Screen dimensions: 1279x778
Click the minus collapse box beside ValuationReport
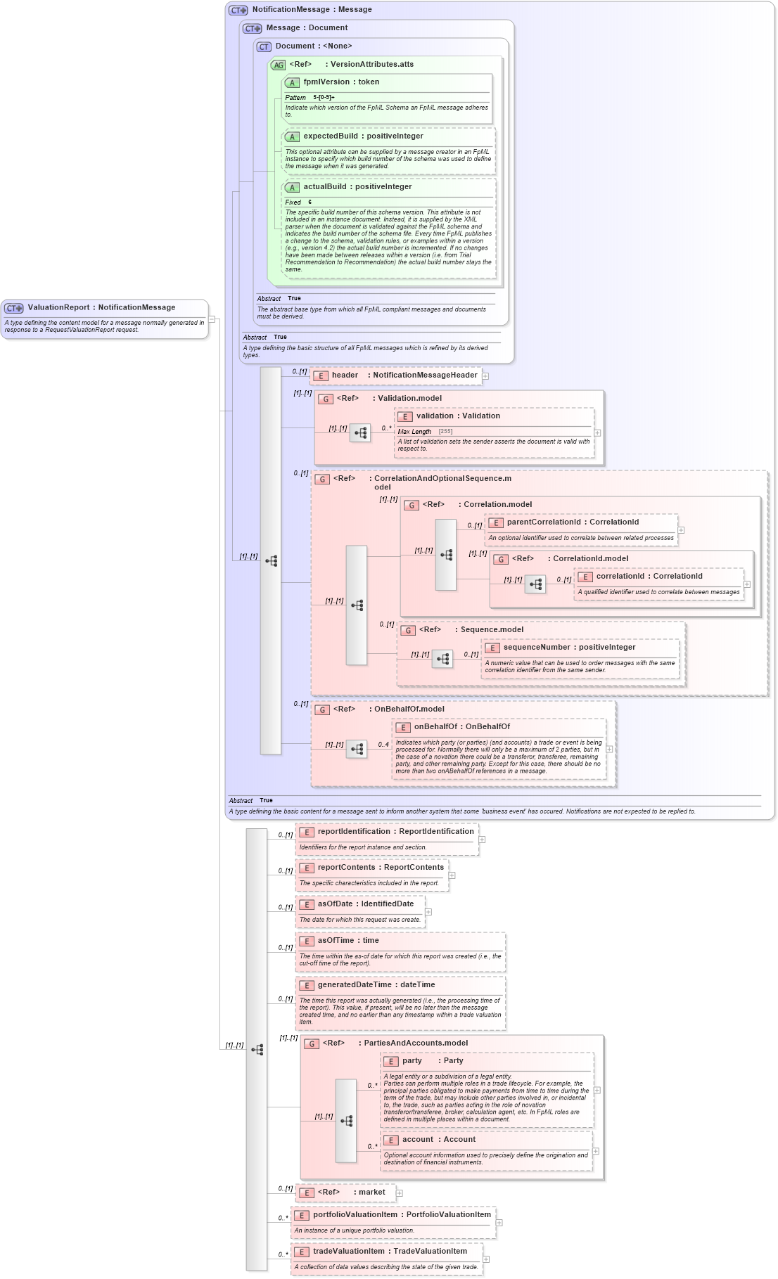click(211, 319)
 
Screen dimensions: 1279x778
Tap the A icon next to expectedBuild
click(292, 137)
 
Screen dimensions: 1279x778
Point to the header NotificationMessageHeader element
click(404, 375)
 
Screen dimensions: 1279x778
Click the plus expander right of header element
click(485, 376)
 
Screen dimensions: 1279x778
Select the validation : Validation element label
click(457, 416)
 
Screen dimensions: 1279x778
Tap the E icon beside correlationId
click(585, 577)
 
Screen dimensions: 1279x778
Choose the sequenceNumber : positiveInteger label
click(568, 648)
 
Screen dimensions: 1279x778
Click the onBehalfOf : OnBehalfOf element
click(461, 727)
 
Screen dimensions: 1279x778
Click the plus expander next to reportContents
click(452, 875)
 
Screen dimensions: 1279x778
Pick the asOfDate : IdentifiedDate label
click(365, 904)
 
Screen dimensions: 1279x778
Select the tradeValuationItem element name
click(389, 1252)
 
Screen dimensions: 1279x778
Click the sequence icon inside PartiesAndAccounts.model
click(346, 1121)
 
